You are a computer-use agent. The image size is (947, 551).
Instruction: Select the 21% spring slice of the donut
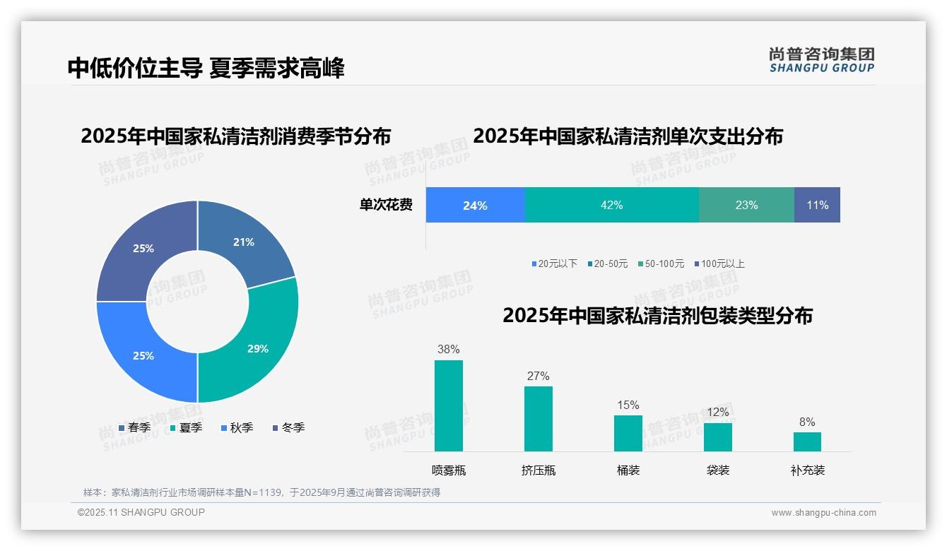click(247, 240)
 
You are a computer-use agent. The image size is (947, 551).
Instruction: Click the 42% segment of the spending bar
click(611, 205)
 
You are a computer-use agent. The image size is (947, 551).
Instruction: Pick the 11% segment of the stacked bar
click(817, 205)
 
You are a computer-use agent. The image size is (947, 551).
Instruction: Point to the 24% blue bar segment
click(475, 205)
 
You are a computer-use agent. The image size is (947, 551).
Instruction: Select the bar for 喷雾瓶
click(448, 405)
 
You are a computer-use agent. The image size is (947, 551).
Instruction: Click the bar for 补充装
click(807, 442)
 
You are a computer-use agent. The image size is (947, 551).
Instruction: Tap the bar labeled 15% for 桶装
click(628, 433)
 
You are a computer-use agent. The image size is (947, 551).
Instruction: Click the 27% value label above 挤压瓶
click(538, 376)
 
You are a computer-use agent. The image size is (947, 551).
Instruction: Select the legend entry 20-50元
click(610, 263)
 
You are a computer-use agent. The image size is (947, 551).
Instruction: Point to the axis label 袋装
click(717, 470)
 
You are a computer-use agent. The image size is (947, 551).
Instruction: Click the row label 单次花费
click(386, 205)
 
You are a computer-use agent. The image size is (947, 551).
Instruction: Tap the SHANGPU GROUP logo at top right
click(821, 60)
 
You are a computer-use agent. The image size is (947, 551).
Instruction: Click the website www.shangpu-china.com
click(823, 512)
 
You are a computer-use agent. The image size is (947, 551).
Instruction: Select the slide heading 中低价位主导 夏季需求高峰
click(206, 69)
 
